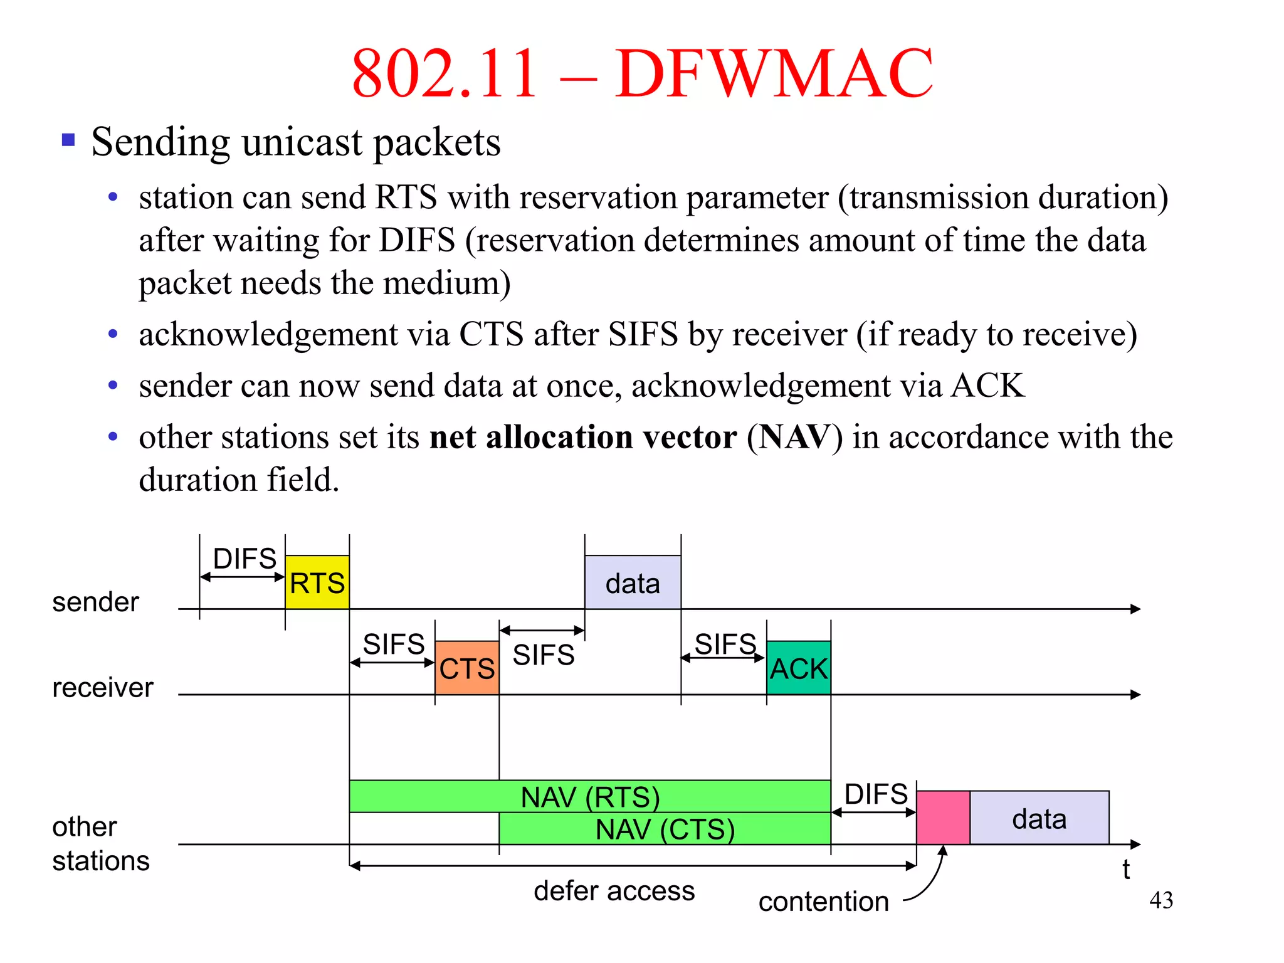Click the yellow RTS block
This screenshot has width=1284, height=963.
(317, 582)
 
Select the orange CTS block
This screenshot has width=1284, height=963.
(467, 668)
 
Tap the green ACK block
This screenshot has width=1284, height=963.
(799, 668)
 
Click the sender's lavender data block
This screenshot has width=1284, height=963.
(633, 582)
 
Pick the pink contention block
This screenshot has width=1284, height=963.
(943, 818)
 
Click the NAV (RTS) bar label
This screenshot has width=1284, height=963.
(591, 797)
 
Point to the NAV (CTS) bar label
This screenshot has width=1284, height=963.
(665, 829)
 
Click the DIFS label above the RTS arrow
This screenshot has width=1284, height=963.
(245, 558)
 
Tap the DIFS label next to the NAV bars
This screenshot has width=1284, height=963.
(876, 794)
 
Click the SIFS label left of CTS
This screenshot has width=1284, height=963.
(394, 644)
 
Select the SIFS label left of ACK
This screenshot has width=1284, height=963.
(725, 644)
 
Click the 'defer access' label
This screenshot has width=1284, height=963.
(614, 890)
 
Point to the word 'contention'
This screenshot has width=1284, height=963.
(824, 902)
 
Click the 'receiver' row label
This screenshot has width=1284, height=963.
(103, 688)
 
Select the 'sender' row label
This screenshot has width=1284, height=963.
(95, 602)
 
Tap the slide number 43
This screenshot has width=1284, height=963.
(1161, 900)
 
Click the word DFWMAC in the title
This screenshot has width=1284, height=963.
(774, 73)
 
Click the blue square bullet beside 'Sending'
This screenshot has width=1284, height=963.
(68, 139)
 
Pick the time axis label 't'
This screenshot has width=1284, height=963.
(1126, 870)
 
